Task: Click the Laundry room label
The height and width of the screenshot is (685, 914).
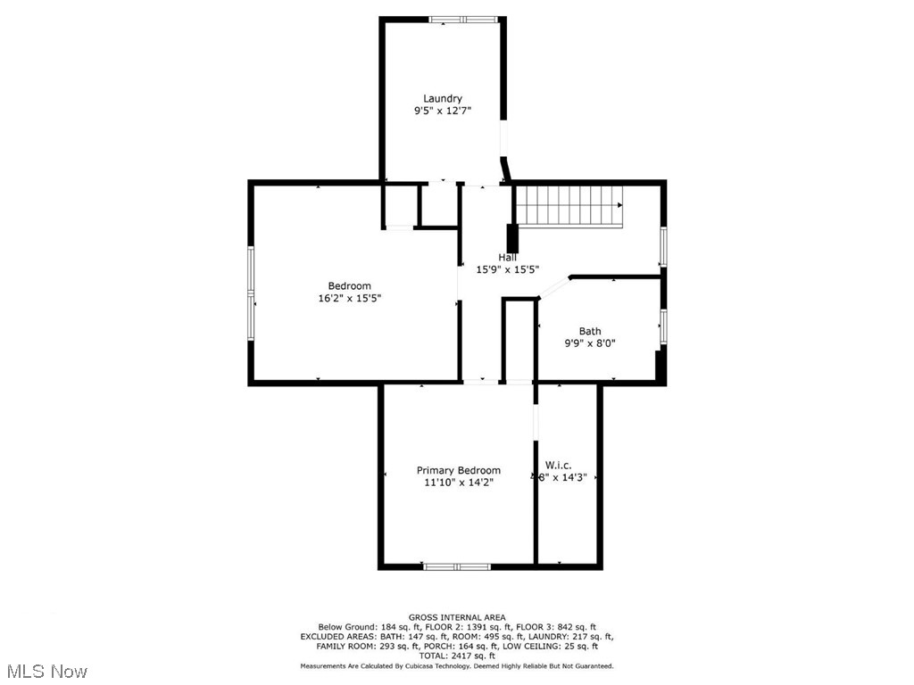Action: point(443,98)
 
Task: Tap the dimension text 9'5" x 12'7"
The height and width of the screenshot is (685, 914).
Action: point(442,111)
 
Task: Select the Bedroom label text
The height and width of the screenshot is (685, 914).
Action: point(349,286)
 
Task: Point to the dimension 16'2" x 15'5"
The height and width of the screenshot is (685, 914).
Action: point(349,299)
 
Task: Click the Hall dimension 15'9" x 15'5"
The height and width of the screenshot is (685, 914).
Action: point(507,269)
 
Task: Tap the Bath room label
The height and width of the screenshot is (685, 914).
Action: point(590,331)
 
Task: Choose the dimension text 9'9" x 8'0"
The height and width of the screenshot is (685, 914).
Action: point(590,343)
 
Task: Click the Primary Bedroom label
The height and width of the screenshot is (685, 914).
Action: point(459,470)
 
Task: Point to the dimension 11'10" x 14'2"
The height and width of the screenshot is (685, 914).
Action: point(459,483)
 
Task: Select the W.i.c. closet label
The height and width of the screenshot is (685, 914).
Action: point(559,465)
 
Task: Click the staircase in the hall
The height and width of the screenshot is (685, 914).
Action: point(569,205)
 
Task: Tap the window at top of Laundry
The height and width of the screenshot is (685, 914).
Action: point(464,19)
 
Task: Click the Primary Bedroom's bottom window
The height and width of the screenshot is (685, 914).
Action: point(456,566)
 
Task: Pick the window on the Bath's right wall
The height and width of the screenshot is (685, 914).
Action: point(663,326)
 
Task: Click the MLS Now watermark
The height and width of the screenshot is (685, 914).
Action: point(46,671)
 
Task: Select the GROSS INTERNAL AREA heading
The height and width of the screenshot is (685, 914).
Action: point(457,617)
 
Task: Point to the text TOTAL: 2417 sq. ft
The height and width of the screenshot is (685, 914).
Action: point(457,656)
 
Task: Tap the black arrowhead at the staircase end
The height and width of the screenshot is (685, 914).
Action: point(619,205)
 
